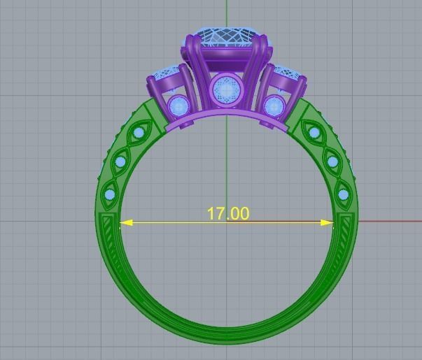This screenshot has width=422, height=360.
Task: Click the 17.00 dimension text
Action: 227,213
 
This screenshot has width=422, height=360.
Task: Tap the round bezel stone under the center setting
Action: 226,89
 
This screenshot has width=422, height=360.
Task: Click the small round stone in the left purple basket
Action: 178,106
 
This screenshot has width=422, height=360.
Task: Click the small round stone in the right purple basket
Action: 274,106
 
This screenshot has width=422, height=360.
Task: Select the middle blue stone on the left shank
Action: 120,162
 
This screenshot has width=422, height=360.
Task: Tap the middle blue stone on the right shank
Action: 332,162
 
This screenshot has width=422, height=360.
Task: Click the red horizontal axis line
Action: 392,223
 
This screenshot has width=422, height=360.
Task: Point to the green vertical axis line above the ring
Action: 227,14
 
